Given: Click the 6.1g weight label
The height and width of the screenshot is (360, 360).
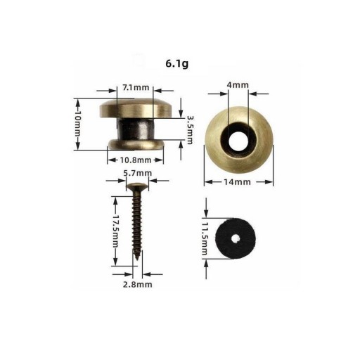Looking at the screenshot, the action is coord(177,64).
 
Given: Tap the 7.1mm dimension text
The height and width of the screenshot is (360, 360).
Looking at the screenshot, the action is coord(136,88).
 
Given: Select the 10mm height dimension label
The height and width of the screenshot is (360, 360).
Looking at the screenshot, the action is coord(77,124).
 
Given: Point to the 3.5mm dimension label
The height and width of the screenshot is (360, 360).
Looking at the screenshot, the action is coord(190,130).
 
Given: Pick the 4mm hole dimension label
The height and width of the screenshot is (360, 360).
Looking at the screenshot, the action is coord(238,85).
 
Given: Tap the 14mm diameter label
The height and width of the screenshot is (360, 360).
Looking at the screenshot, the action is coord(237,182).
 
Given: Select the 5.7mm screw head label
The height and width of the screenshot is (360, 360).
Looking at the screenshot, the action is coord(138,173).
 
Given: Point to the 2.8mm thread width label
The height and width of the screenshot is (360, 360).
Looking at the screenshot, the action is coord(138,285).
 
